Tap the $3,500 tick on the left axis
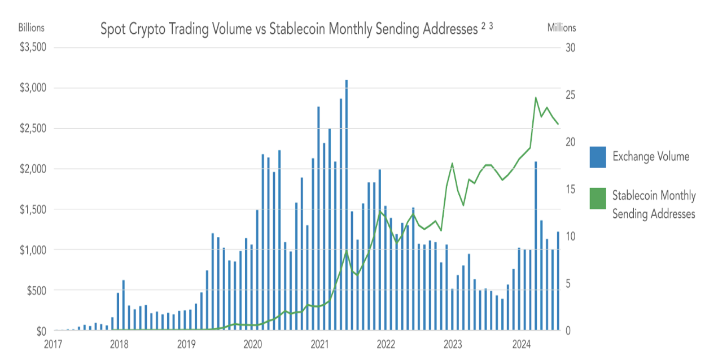point(34,47)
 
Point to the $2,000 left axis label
point(34,169)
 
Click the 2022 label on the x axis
point(386,344)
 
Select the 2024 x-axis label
point(519,344)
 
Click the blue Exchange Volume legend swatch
point(598,157)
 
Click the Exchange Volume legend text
point(651,157)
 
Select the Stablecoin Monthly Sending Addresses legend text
point(654,204)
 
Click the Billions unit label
point(31,27)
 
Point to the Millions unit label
point(562,27)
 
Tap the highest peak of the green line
point(535,98)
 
